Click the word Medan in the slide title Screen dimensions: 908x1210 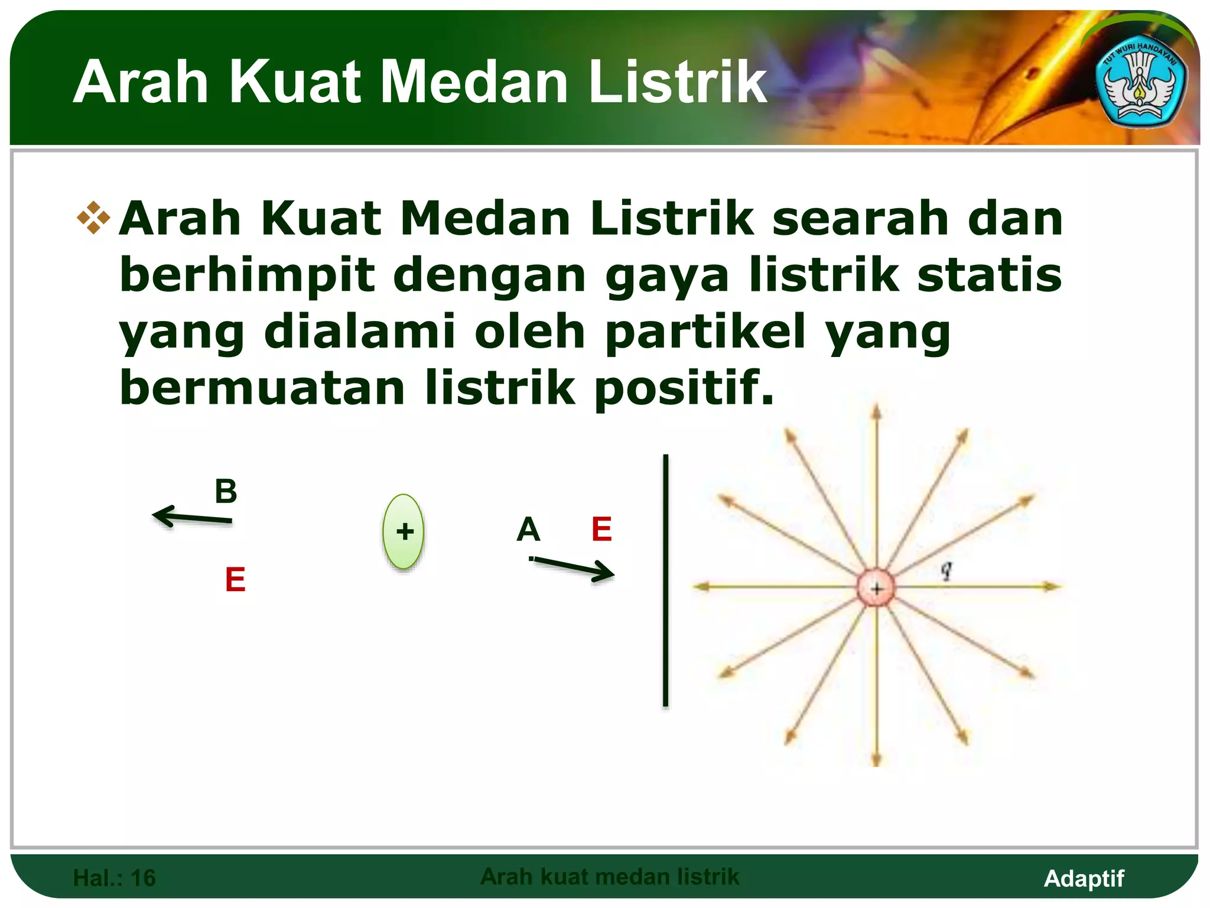coord(474,83)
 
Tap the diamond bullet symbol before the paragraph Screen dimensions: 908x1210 coord(94,218)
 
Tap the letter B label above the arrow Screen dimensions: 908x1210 coord(226,491)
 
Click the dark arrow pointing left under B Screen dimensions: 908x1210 coord(192,517)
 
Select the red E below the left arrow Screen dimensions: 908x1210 coord(235,579)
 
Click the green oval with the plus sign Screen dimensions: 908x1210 coord(404,531)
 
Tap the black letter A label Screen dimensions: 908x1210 coord(528,529)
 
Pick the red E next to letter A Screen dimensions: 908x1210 coord(601,529)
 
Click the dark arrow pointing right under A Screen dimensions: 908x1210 coord(573,567)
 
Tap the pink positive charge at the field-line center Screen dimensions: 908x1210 coord(876,588)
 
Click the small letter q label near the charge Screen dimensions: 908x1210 coord(946,569)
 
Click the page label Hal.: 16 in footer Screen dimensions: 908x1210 coord(114,878)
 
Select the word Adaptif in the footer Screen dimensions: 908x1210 coord(1084,878)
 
